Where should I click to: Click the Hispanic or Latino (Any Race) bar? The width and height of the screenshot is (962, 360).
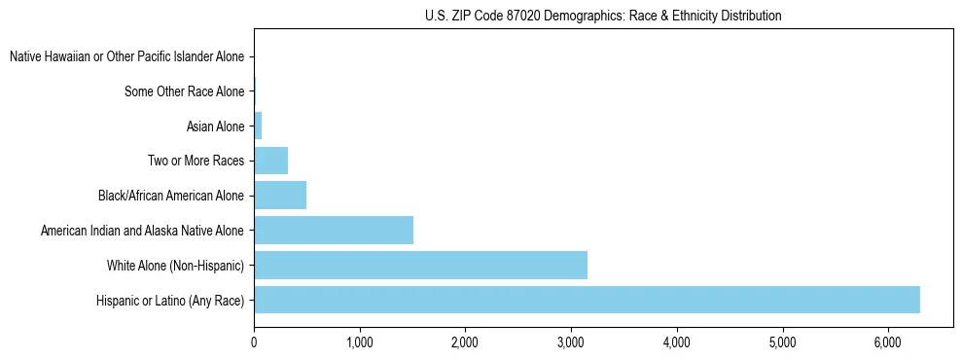tap(587, 300)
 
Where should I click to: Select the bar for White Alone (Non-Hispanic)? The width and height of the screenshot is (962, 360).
tap(420, 265)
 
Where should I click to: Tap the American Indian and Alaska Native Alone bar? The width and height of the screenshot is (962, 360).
tap(334, 231)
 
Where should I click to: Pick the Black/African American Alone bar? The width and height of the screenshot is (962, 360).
tap(280, 196)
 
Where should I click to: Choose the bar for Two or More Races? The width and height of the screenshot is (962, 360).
tap(270, 161)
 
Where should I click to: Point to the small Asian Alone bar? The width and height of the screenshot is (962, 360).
tap(258, 126)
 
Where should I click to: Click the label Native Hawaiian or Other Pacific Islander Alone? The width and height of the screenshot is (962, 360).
tap(126, 56)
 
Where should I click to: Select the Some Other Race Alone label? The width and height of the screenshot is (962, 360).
tap(184, 91)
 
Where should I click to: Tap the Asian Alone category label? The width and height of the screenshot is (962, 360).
tap(215, 126)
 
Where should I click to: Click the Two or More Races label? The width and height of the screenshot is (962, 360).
tap(196, 161)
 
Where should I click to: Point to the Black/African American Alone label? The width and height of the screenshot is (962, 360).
tap(170, 196)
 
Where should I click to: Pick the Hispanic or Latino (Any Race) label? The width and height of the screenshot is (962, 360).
tap(169, 300)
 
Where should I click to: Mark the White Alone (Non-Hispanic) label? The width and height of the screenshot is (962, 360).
tap(175, 266)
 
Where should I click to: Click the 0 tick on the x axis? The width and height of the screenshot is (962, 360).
tap(254, 342)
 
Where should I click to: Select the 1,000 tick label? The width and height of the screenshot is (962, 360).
tap(360, 342)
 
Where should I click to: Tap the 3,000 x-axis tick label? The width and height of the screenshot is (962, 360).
tap(571, 342)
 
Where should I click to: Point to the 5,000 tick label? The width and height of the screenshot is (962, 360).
tap(782, 342)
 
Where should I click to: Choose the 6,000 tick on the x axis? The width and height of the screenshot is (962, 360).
tap(888, 342)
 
